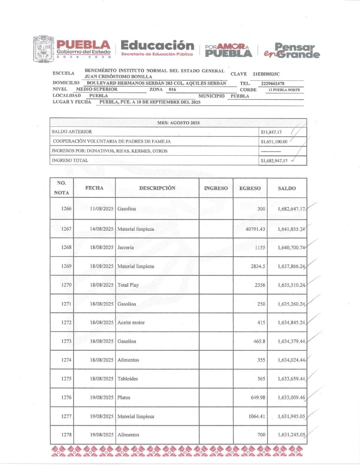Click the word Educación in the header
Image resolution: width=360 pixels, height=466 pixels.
pyautogui.click(x=157, y=46)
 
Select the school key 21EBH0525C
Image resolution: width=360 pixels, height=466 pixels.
pyautogui.click(x=266, y=74)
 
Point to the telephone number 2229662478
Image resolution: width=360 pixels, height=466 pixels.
pyautogui.click(x=273, y=84)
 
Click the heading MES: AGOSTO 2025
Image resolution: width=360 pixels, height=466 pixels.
pyautogui.click(x=178, y=123)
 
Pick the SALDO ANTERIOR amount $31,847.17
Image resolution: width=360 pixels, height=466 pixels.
pyautogui.click(x=271, y=132)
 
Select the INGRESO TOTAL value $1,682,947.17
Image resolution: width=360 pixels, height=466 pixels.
pyautogui.click(x=274, y=161)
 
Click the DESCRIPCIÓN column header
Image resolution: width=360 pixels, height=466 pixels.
pyautogui.click(x=157, y=188)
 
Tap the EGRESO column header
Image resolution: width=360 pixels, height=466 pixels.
pyautogui.click(x=250, y=188)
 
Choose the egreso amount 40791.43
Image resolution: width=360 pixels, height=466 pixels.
pyautogui.click(x=255, y=229)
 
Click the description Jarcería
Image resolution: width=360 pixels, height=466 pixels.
pyautogui.click(x=126, y=248)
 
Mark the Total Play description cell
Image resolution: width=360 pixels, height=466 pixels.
pyautogui.click(x=128, y=285)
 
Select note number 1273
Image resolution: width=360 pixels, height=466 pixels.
pyautogui.click(x=66, y=341)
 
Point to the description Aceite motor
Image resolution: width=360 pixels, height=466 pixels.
pyautogui.click(x=131, y=323)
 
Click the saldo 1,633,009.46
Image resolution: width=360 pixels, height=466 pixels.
pyautogui.click(x=291, y=398)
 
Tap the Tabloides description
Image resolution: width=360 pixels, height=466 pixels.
pyautogui.click(x=128, y=379)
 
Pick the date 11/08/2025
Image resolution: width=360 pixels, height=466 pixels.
pyautogui.click(x=102, y=209)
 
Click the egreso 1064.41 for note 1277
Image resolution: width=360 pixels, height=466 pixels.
pyautogui.click(x=257, y=416)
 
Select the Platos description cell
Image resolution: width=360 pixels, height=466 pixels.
pyautogui.click(x=124, y=398)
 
